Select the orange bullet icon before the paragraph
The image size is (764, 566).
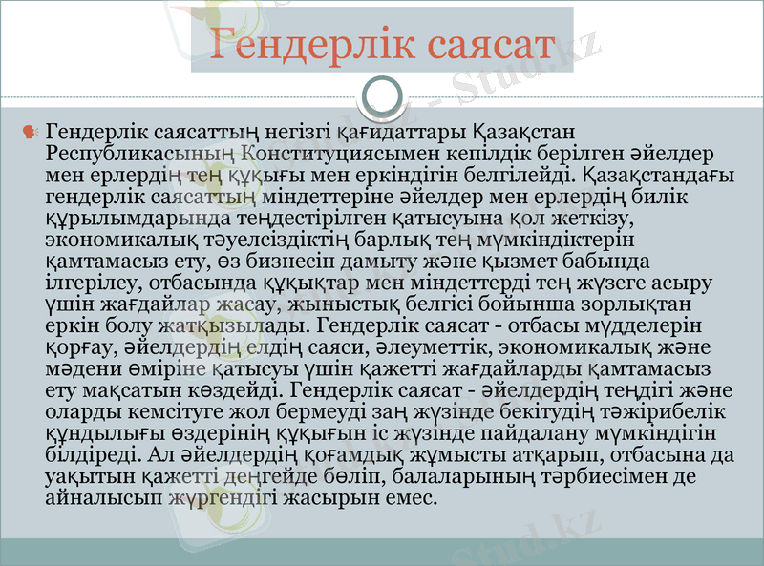coord(30,129)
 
